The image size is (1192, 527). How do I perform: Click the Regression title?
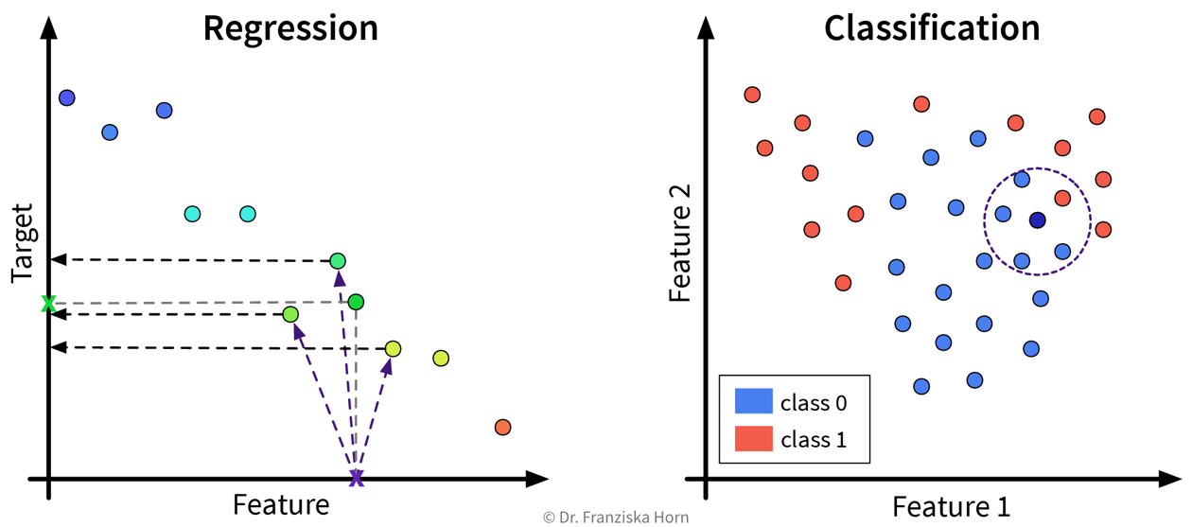tap(290, 27)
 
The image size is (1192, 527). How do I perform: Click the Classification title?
tap(932, 27)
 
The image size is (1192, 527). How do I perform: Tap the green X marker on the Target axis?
tap(48, 304)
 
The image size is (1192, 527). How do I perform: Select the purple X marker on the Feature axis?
tap(356, 478)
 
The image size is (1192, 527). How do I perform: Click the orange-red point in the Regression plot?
tap(502, 428)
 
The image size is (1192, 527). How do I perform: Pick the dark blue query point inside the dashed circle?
tap(1037, 220)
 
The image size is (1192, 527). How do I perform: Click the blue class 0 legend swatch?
tap(753, 402)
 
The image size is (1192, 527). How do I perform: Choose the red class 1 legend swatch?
tap(753, 439)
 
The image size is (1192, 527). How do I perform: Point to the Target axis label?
tap(22, 243)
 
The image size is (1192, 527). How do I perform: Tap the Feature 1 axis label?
tap(951, 505)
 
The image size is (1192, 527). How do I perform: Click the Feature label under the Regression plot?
tap(281, 504)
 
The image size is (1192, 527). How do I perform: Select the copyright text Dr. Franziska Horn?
tap(616, 518)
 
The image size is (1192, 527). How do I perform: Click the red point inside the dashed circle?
tap(1061, 199)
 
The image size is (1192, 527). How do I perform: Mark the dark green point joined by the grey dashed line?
tap(356, 302)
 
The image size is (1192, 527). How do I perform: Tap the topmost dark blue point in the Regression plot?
tap(66, 97)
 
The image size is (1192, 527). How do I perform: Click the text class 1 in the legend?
tap(814, 440)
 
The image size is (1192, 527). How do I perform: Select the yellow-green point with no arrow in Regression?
tap(440, 359)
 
